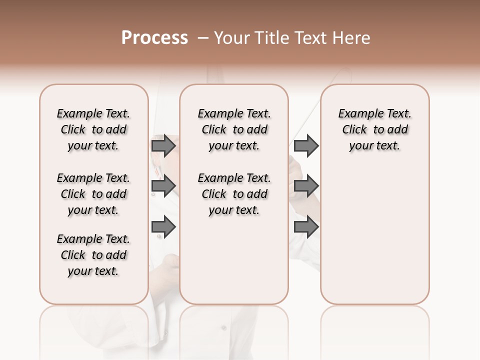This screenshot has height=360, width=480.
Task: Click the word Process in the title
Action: [154, 38]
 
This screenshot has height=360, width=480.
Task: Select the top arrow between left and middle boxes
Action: [163, 145]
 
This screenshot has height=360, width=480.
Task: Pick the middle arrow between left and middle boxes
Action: [163, 186]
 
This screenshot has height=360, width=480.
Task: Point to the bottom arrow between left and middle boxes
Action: [163, 227]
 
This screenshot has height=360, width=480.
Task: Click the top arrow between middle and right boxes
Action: [306, 145]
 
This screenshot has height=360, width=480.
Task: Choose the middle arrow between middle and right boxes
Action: [306, 186]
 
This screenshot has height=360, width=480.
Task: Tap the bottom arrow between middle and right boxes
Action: [306, 227]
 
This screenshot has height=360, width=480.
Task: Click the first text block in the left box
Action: [93, 129]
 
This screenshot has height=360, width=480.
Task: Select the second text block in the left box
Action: [93, 194]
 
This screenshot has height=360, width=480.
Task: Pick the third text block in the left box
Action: [93, 255]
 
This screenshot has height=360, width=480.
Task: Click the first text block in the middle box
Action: [234, 129]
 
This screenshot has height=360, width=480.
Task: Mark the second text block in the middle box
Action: [234, 194]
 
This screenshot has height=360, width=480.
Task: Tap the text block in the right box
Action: [374, 129]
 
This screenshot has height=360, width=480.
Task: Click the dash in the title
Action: [202, 38]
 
